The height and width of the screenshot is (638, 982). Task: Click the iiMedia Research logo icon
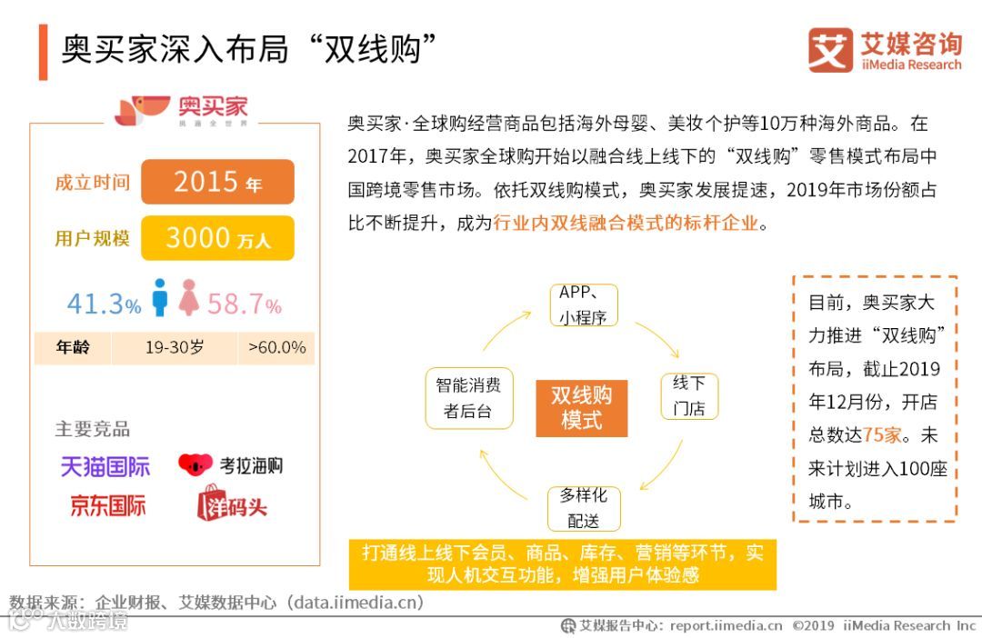click(x=830, y=50)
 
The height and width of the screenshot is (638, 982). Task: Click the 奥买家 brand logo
click(x=181, y=109)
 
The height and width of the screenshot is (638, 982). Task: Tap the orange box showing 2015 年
click(x=217, y=182)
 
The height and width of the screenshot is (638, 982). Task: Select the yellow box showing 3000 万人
click(x=217, y=238)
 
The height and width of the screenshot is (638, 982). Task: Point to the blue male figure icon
click(x=160, y=298)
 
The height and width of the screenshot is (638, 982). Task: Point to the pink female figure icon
click(x=189, y=298)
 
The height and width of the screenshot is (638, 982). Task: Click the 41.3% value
click(x=104, y=304)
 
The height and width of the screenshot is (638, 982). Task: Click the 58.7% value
click(x=244, y=304)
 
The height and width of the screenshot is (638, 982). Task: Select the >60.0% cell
click(x=277, y=347)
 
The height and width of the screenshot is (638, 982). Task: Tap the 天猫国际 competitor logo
click(x=105, y=467)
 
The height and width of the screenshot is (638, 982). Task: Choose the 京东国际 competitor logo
click(x=107, y=505)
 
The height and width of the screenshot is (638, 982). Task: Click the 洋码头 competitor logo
click(x=232, y=503)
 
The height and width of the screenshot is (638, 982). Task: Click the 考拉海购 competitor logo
click(x=231, y=465)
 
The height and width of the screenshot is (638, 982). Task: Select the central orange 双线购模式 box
click(x=582, y=407)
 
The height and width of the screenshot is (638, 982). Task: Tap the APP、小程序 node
click(x=584, y=305)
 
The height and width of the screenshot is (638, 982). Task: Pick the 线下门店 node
click(x=689, y=395)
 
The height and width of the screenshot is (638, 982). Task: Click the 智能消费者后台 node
click(x=468, y=398)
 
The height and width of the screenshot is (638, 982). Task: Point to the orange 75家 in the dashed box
click(x=882, y=434)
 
